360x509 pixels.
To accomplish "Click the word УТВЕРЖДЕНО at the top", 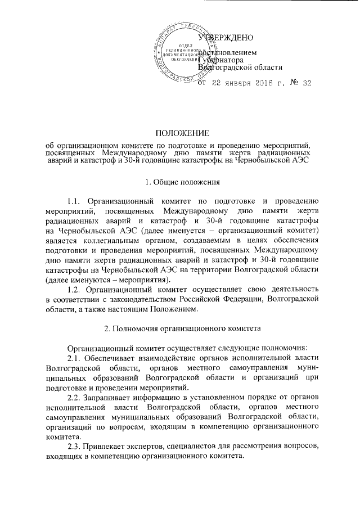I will (x=226, y=38).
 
